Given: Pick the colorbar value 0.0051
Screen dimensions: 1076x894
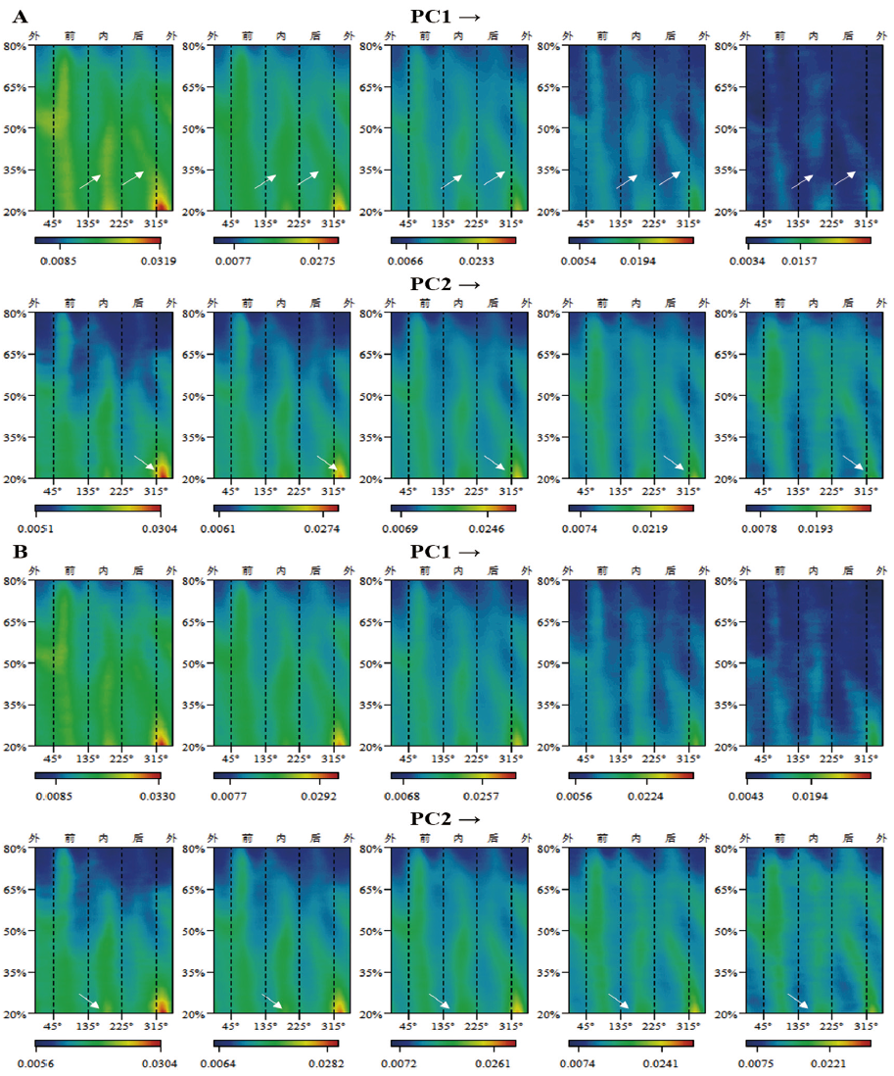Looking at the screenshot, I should [51, 529].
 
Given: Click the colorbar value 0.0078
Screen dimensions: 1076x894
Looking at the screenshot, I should [760, 529].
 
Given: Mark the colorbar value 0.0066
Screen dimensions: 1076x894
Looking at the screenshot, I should [406, 262].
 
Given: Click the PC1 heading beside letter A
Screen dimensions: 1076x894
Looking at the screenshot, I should [447, 17].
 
